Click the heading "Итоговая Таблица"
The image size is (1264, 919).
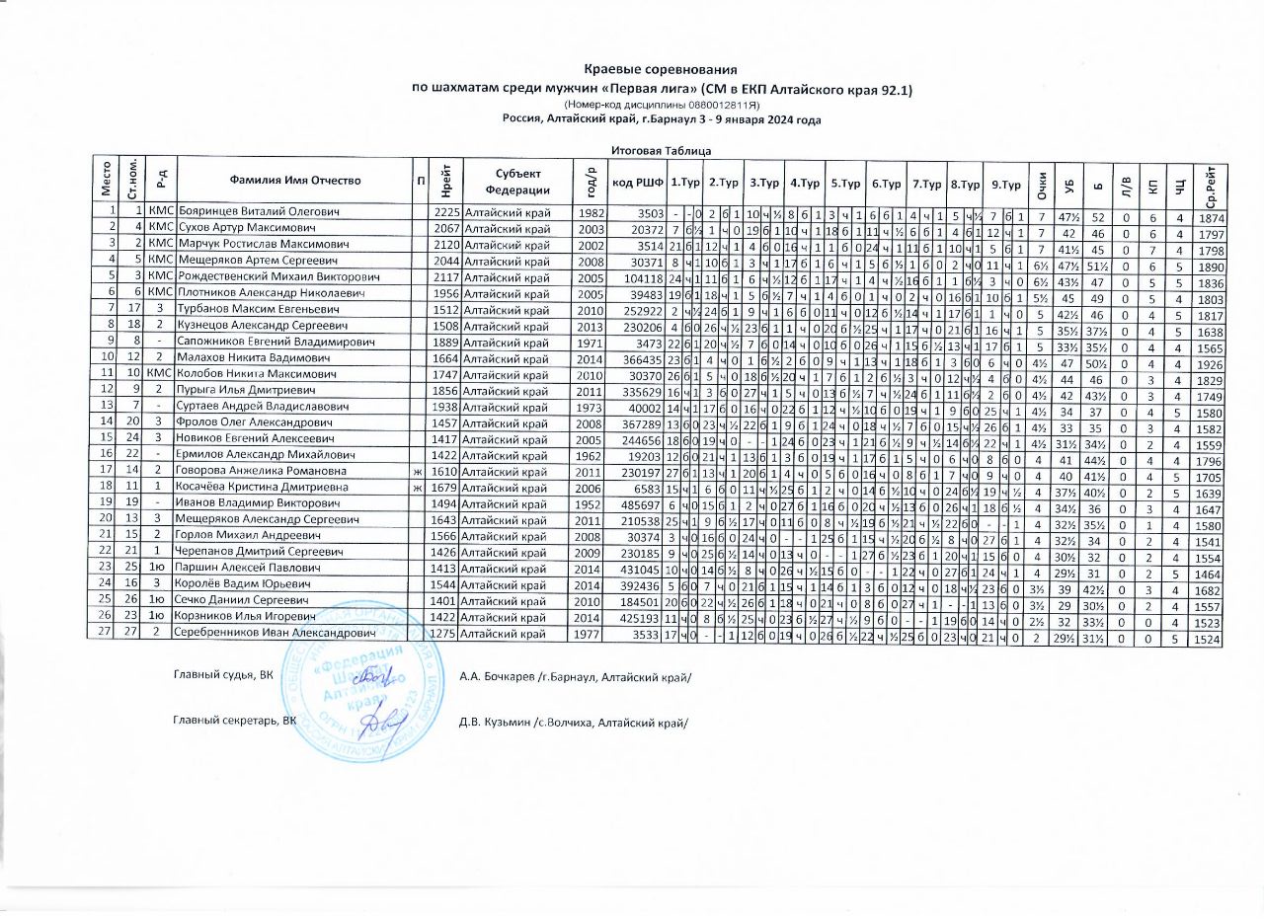tap(661, 150)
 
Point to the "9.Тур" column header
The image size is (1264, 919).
tap(1005, 181)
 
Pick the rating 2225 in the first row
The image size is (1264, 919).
tap(447, 212)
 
